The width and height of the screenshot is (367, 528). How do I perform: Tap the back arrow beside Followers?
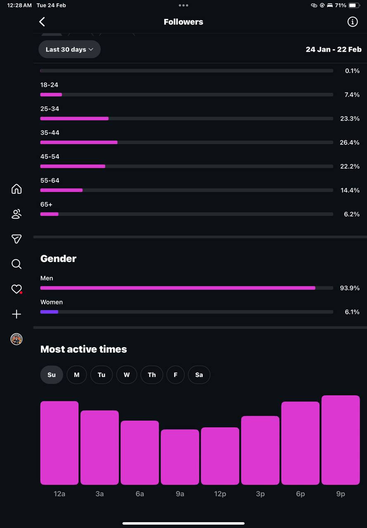(x=42, y=22)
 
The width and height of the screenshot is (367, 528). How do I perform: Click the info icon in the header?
(x=353, y=22)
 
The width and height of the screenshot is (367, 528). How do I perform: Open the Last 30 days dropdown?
(x=70, y=49)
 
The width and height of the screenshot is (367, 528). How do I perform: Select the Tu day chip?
(x=102, y=375)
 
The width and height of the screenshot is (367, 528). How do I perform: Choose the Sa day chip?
(x=199, y=375)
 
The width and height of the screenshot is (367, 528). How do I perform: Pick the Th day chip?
(x=152, y=375)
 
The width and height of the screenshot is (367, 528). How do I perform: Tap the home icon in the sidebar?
(x=17, y=189)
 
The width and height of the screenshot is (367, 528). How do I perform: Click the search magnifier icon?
(x=17, y=264)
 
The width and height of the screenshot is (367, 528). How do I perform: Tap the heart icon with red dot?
(x=17, y=289)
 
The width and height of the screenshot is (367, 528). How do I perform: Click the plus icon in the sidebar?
(x=17, y=314)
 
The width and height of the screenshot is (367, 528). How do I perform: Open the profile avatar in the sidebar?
(x=17, y=339)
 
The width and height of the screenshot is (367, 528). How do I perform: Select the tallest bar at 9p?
(x=340, y=440)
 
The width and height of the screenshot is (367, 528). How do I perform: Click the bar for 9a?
(x=180, y=457)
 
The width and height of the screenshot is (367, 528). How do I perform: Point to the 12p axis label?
(x=220, y=494)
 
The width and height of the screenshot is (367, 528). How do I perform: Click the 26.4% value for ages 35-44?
(x=350, y=142)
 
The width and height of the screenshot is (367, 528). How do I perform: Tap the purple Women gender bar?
(x=49, y=312)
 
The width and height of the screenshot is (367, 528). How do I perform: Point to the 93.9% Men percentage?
(x=350, y=288)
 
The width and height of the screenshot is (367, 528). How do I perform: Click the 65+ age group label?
(x=46, y=204)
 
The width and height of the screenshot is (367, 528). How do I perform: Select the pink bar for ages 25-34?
(x=74, y=118)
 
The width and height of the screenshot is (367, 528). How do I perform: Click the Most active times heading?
(x=83, y=349)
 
